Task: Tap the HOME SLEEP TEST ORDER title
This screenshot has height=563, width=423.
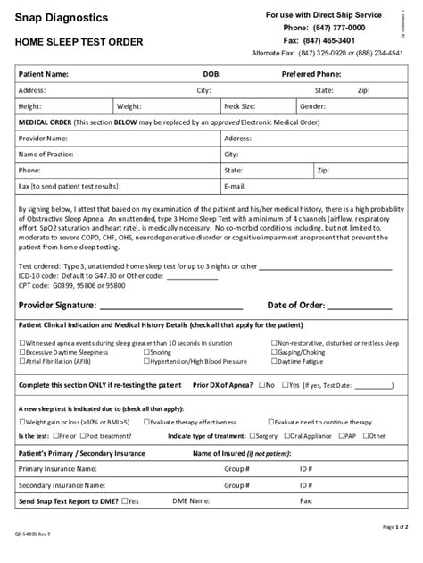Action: coord(75,43)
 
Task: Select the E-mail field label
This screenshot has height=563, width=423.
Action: coord(236,185)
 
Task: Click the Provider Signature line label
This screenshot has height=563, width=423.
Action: coord(61,305)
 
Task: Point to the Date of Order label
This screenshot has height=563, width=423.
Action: coord(303,305)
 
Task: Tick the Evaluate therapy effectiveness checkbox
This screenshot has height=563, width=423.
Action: coord(146,421)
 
